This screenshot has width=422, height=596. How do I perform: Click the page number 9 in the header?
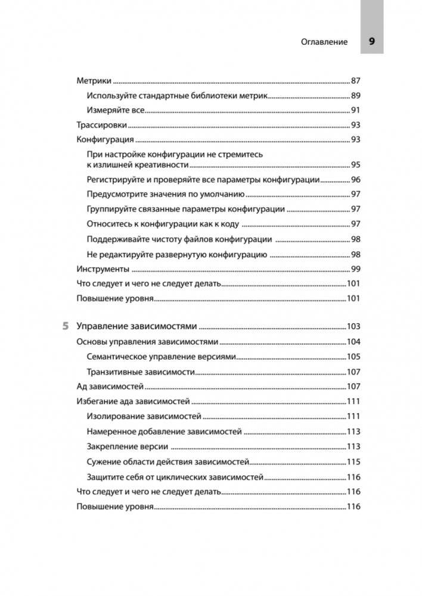[x=371, y=42]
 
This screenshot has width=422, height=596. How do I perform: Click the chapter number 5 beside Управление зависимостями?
[x=65, y=326]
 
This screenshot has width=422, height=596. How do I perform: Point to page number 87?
[x=356, y=80]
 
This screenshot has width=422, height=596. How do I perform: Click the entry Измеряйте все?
[x=116, y=110]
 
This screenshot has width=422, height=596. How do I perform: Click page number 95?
[x=356, y=165]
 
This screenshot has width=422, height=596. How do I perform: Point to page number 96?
[x=356, y=180]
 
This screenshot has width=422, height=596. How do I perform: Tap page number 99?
[x=356, y=269]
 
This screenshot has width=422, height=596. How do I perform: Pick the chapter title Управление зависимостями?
[x=137, y=326]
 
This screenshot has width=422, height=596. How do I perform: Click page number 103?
[x=355, y=326]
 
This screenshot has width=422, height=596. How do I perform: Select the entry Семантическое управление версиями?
[x=162, y=357]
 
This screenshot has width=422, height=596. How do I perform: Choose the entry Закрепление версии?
[x=127, y=447]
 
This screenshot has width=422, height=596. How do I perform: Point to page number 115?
[x=355, y=461]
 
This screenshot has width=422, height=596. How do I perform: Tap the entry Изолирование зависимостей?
[x=144, y=416]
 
